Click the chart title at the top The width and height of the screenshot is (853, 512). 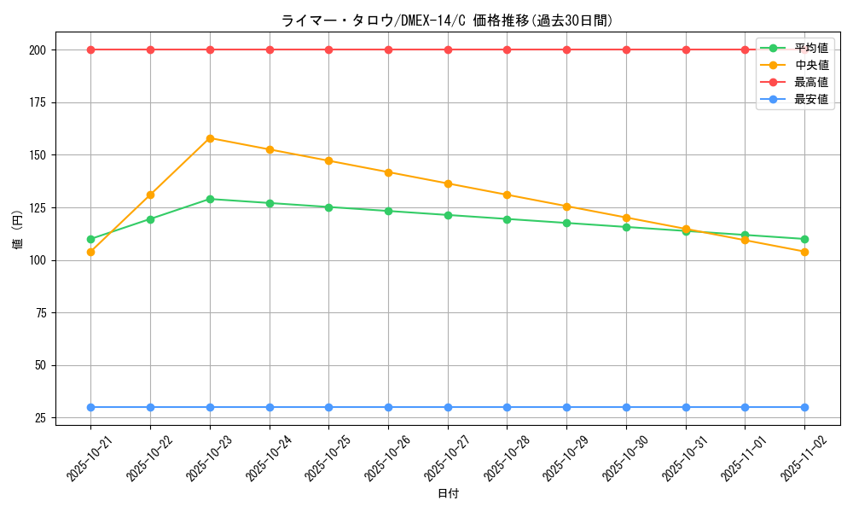(x=447, y=20)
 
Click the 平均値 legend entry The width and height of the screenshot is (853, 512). (x=810, y=48)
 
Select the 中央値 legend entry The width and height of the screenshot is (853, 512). (x=810, y=65)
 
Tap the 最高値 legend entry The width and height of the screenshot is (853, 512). (x=810, y=82)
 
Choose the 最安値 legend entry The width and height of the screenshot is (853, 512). (x=810, y=99)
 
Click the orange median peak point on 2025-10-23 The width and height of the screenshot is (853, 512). (x=210, y=138)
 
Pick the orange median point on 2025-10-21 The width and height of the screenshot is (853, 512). (x=90, y=252)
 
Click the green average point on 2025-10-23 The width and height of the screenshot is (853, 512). (x=210, y=199)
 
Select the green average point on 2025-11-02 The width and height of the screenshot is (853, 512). (x=804, y=239)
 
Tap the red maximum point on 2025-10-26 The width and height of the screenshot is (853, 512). (x=388, y=49)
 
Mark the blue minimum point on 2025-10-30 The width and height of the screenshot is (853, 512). (x=626, y=407)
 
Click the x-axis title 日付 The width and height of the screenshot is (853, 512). (x=448, y=494)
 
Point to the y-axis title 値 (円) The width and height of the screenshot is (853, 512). (x=18, y=231)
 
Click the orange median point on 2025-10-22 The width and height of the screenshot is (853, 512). (x=150, y=195)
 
